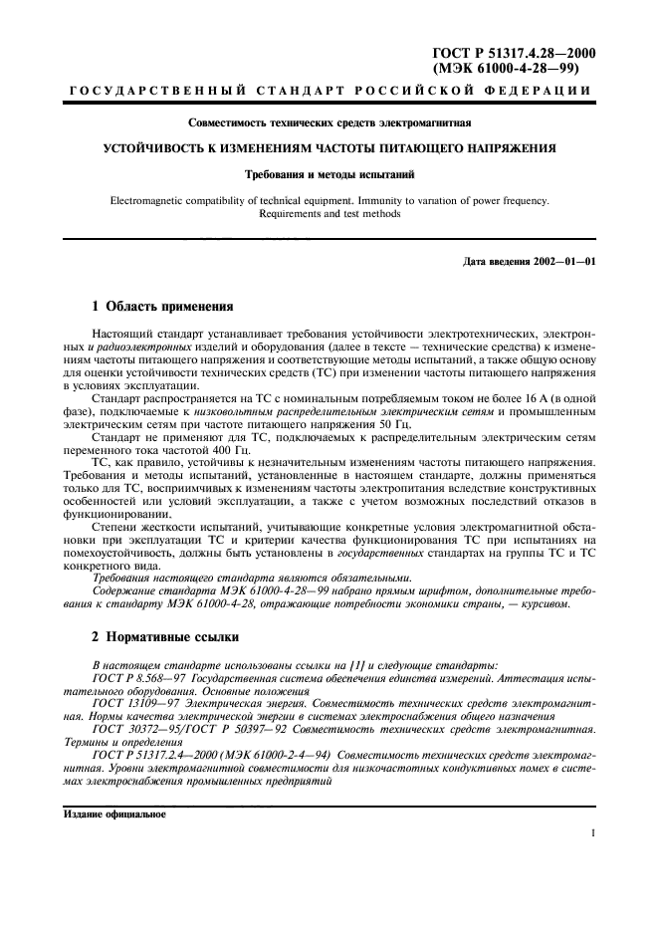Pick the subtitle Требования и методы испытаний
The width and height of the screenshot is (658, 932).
coord(329,174)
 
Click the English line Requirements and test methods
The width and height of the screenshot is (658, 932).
coord(329,213)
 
